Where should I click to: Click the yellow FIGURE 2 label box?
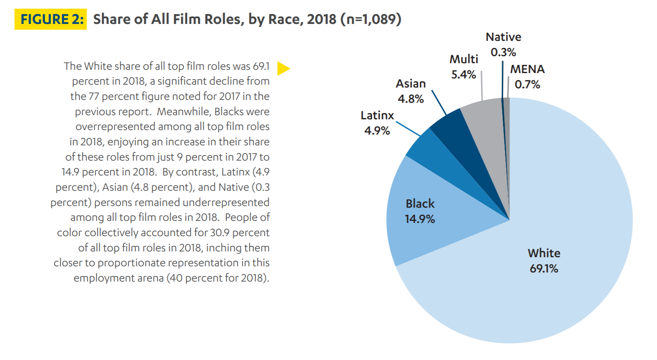click(x=50, y=19)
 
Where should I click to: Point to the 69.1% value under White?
click(x=544, y=269)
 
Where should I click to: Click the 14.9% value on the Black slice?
click(x=420, y=219)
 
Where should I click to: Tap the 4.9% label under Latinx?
click(x=377, y=131)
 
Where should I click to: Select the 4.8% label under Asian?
click(x=410, y=99)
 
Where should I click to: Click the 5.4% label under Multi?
click(x=463, y=75)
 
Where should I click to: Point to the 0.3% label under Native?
click(x=503, y=52)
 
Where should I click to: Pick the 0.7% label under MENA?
click(x=527, y=85)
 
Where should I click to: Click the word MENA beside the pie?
click(x=527, y=69)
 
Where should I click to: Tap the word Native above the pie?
click(x=503, y=37)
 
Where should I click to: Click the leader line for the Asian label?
click(x=439, y=102)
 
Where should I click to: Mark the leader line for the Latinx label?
click(x=408, y=128)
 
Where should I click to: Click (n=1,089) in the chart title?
click(x=370, y=19)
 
